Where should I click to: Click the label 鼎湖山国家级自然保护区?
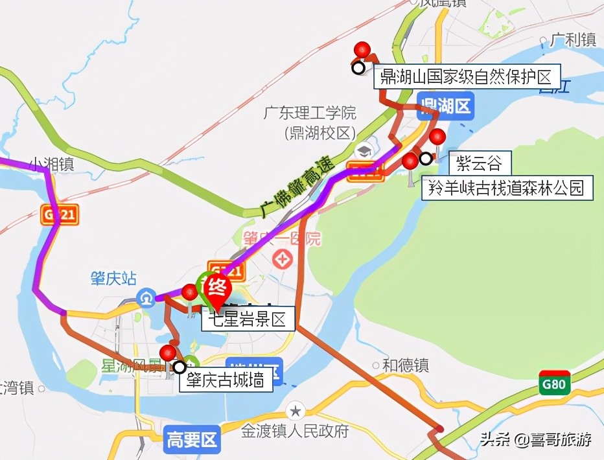tap(466, 78)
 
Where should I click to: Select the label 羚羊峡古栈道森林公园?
tap(507, 188)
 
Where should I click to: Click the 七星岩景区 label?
tap(248, 319)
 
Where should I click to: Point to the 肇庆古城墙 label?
tap(226, 381)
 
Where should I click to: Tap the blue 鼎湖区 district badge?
tap(446, 106)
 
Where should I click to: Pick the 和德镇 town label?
tap(405, 366)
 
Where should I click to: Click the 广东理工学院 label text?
tap(310, 113)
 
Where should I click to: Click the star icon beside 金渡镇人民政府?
tap(296, 411)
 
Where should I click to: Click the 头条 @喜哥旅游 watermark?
tap(535, 441)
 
